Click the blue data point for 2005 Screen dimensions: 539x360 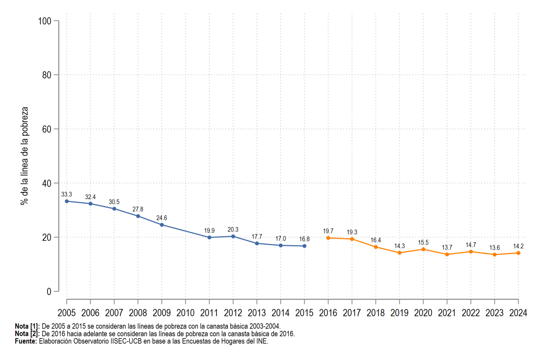tap(66, 201)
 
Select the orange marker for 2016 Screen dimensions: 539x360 tap(328, 238)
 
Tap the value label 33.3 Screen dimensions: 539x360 tap(66, 194)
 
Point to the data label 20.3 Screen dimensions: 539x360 tap(233, 230)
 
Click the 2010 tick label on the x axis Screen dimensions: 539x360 tap(186, 313)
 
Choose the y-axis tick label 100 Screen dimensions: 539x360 tap(45, 21)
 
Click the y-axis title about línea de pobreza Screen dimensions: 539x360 tap(24, 156)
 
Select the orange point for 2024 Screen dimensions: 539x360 tap(518, 253)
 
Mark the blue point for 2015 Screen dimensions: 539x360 tap(305, 246)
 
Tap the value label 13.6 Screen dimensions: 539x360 tap(495, 248)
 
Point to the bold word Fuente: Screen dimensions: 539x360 tap(26, 341)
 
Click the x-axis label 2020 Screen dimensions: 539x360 tap(423, 313)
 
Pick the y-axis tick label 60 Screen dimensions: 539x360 tap(47, 129)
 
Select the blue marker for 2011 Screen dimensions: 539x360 tap(209, 237)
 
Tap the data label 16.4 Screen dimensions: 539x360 tap(376, 240)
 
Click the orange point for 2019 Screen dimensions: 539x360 tap(399, 253)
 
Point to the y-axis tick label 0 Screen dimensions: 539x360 tap(49, 292)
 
